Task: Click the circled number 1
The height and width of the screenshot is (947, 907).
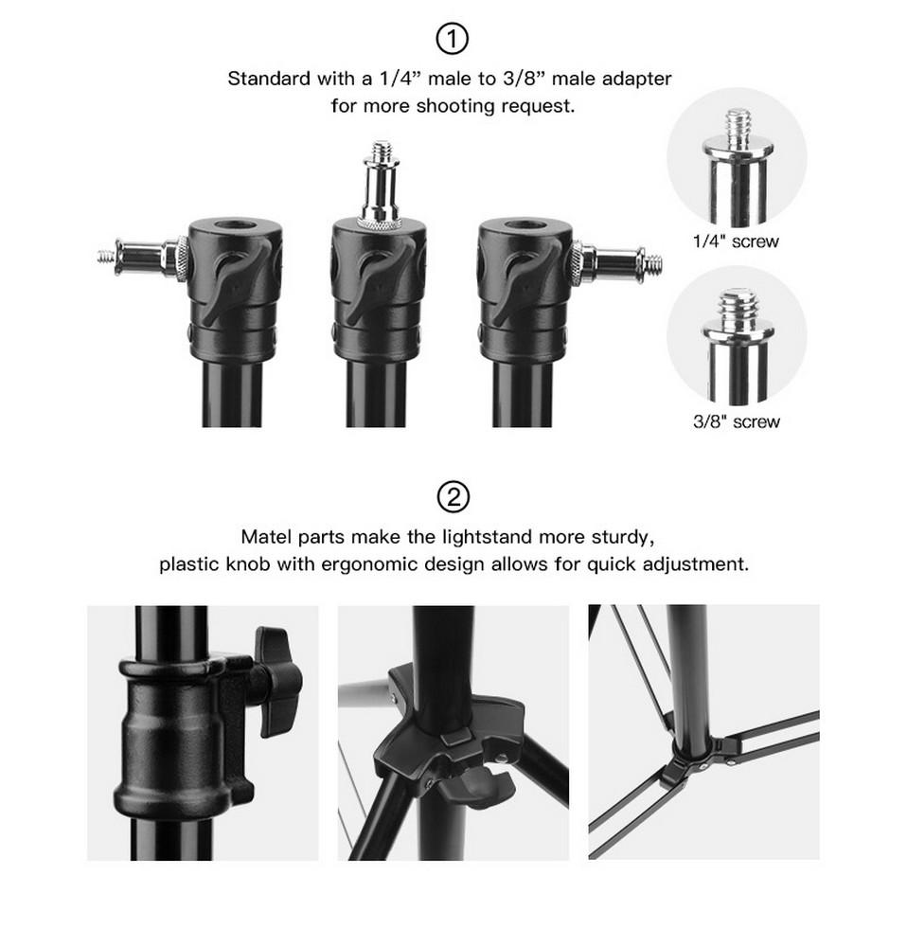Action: [x=452, y=39]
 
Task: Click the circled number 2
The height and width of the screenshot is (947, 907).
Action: [x=453, y=497]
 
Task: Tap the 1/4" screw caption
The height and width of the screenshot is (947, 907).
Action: [x=736, y=241]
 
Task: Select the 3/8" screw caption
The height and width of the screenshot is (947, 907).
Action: [x=736, y=421]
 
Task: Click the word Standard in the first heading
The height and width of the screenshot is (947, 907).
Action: [x=269, y=79]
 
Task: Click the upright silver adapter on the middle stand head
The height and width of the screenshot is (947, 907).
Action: [x=381, y=185]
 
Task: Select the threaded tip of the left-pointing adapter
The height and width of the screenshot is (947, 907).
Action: [x=106, y=256]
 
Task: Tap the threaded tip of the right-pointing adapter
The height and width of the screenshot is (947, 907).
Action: [x=652, y=263]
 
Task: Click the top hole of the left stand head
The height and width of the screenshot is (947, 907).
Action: [x=235, y=226]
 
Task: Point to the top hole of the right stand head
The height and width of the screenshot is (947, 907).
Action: [x=525, y=226]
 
